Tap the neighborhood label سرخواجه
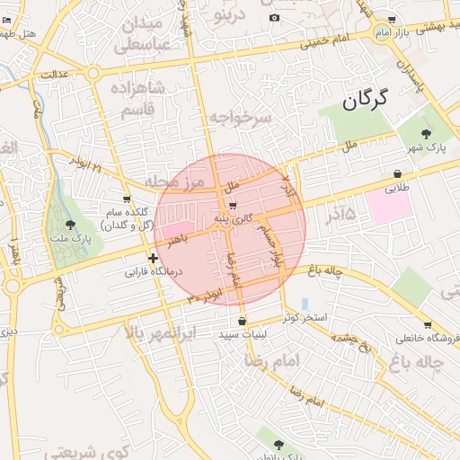[241, 117]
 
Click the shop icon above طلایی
[397, 174]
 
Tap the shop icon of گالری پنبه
[234, 206]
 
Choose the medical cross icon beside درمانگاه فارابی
[153, 258]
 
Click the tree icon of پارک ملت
[71, 225]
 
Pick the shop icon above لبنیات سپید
[242, 321]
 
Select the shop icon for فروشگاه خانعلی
[427, 325]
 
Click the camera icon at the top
[274, 18]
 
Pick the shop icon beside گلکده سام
[127, 199]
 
